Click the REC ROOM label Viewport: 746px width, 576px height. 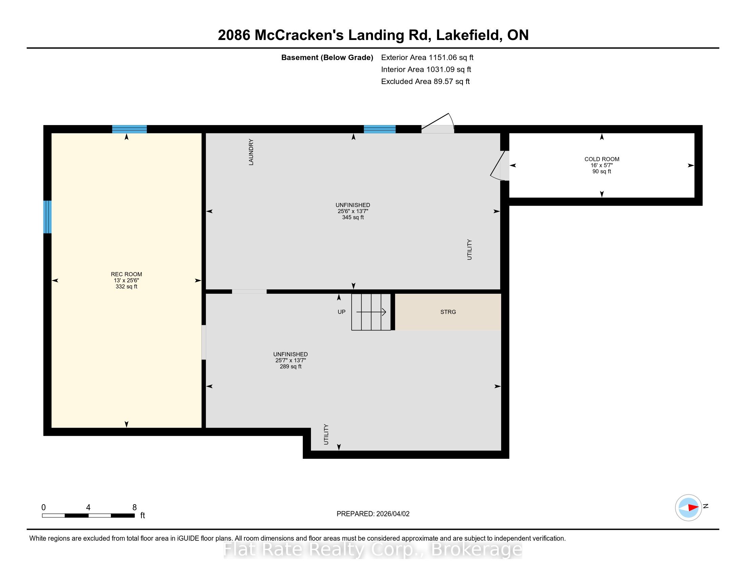[126, 274]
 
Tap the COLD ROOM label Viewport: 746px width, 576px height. [602, 159]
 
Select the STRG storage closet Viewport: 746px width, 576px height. [448, 312]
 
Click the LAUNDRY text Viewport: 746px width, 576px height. [251, 152]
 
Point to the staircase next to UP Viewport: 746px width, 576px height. [371, 312]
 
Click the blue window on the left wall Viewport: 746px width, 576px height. [47, 217]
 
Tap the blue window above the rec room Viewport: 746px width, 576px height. [130, 129]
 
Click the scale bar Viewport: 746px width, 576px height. [88, 516]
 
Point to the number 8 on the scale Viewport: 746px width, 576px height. [135, 508]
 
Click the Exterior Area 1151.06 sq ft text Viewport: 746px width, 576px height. [427, 58]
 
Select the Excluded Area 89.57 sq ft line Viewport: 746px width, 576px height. [426, 82]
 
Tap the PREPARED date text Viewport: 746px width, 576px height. [373, 514]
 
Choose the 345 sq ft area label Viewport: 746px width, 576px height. [353, 218]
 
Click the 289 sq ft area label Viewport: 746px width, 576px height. [291, 367]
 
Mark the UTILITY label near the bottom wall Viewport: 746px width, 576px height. [326, 434]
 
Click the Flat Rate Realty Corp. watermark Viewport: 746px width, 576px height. [373, 550]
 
